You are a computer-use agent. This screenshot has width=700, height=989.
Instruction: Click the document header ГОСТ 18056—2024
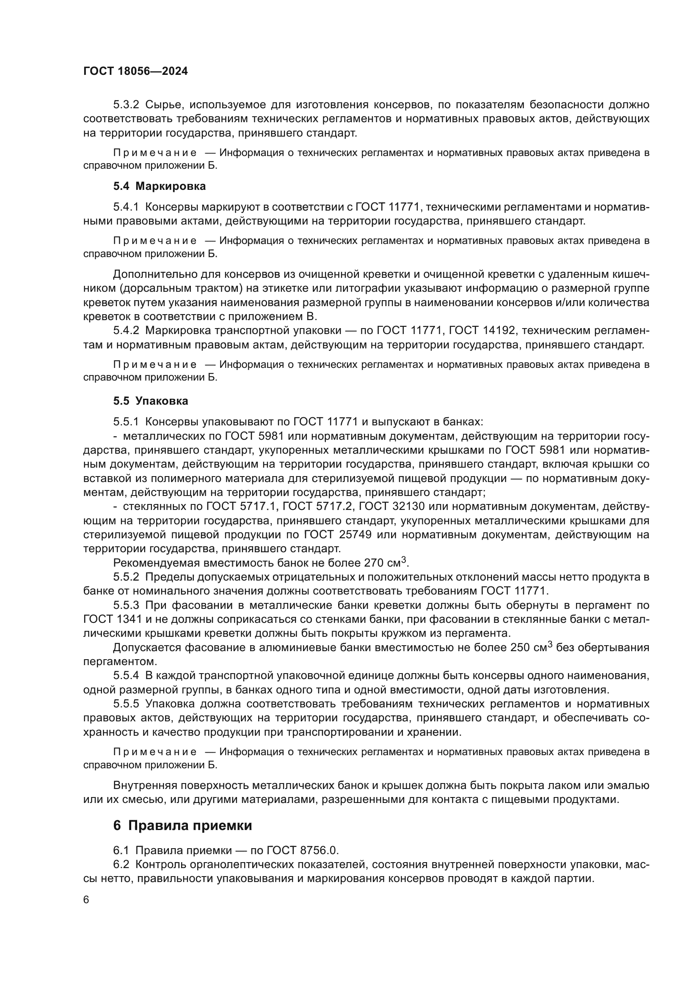135,71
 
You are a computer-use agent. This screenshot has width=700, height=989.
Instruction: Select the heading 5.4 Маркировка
160,186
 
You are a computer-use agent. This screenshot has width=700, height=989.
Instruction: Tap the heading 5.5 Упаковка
151,400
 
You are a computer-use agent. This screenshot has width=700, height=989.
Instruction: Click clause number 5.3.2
126,105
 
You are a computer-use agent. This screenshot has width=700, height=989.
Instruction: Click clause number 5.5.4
126,675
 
